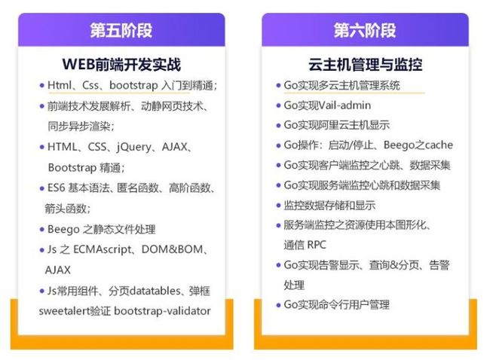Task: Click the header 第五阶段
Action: [x=121, y=30]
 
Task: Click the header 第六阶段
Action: [x=365, y=30]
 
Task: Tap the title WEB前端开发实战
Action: [x=121, y=65]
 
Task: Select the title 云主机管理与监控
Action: [x=365, y=65]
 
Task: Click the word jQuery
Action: [x=134, y=147]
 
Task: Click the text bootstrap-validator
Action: [x=162, y=311]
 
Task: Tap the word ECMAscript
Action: [x=103, y=249]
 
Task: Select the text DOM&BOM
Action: [x=172, y=249]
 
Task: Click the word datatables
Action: [x=155, y=291]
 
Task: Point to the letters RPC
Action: [x=317, y=245]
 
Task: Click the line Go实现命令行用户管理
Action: [x=336, y=304]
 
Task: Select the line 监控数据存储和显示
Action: [x=329, y=205]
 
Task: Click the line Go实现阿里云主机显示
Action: [x=336, y=125]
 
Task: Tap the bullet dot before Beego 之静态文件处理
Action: [x=42, y=230]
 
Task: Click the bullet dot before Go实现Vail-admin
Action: [x=278, y=105]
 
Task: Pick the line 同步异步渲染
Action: [x=81, y=127]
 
